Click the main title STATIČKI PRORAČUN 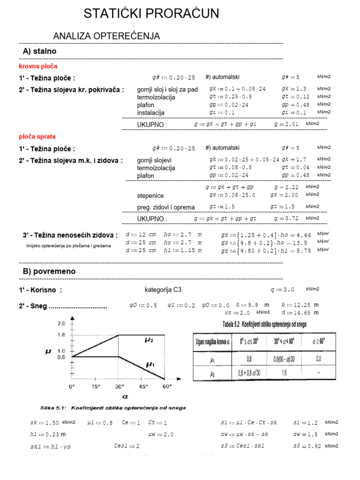[151, 14]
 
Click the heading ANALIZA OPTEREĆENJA [107, 36]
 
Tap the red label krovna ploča [38, 67]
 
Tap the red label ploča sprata [37, 136]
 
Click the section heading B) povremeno [49, 271]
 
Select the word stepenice [150, 195]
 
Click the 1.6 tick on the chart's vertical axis [61, 335]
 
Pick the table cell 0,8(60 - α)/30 [284, 360]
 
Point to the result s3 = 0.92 [307, 446]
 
